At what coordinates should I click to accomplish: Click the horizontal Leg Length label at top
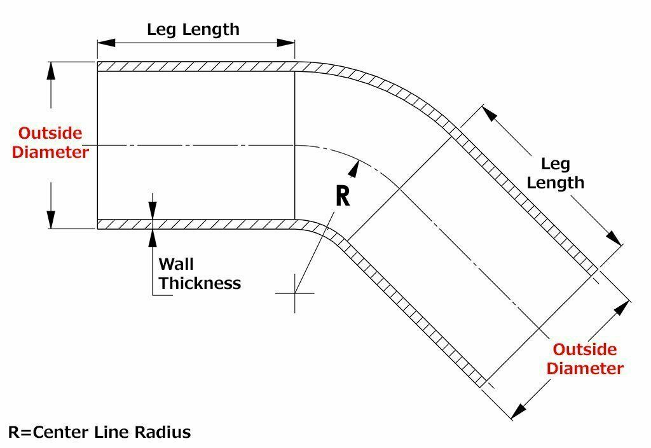193,29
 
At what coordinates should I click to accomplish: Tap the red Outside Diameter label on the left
51,143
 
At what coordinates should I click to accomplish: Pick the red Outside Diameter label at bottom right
585,359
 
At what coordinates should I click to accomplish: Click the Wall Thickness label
199,274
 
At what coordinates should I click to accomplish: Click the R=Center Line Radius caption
99,433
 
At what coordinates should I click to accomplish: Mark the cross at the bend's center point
295,293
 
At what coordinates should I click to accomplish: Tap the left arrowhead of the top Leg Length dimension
106,43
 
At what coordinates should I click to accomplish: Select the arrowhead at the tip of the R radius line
354,167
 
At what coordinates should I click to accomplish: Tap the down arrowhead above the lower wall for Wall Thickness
153,212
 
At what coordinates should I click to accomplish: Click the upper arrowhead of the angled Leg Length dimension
488,114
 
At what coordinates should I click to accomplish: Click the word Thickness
200,283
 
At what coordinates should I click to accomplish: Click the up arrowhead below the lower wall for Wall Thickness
153,236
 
